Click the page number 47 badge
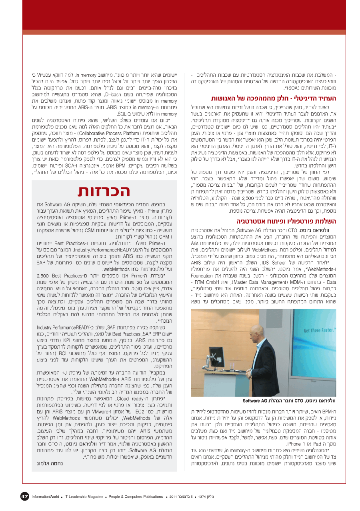tap(25, 497)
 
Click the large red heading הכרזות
tap(104, 191)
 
